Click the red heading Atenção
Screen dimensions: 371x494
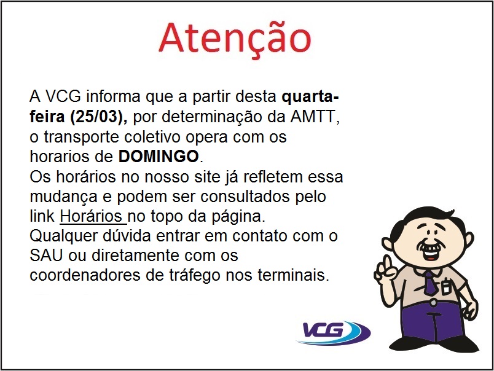(234, 38)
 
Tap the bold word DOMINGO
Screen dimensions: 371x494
(160, 154)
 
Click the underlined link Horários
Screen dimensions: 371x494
(93, 216)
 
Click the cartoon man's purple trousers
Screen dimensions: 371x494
(430, 322)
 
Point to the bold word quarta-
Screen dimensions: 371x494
(310, 97)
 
